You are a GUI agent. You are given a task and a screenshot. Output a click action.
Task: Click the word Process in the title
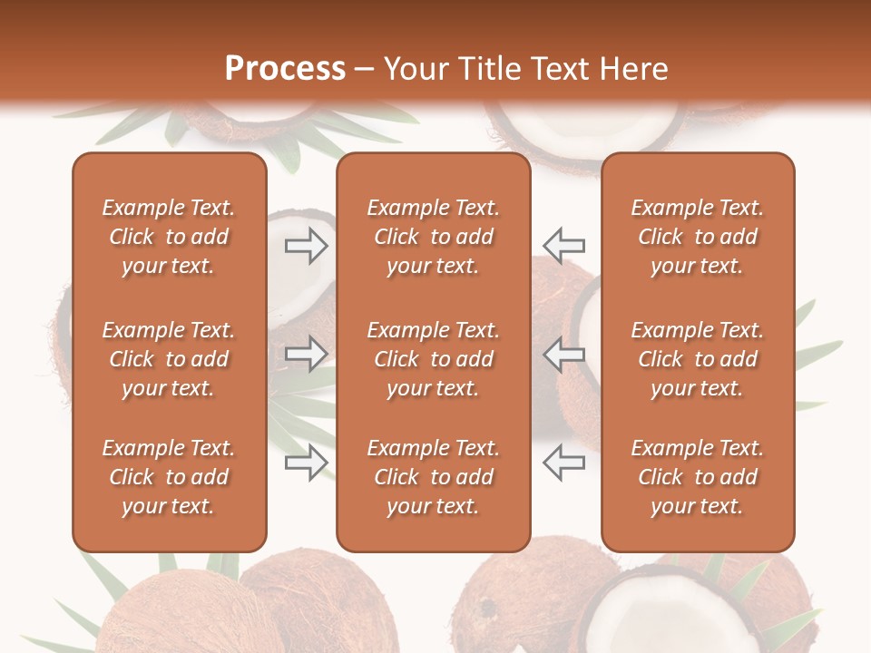[285, 69]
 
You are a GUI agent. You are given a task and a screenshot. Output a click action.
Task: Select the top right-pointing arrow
[306, 246]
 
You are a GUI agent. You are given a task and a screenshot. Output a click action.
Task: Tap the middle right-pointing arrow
[306, 354]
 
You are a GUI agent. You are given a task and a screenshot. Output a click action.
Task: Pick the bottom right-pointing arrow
[306, 463]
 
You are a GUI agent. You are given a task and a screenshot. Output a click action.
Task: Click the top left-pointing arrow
[564, 246]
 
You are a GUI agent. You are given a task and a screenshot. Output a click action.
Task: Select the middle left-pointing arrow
[564, 354]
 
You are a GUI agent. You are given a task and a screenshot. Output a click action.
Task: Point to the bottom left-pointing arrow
[564, 463]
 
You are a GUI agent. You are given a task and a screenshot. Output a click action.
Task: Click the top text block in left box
[169, 237]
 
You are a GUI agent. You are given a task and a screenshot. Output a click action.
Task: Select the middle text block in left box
[169, 359]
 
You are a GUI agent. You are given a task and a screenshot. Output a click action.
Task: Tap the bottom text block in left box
[169, 477]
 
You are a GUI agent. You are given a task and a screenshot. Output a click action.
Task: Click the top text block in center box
[433, 237]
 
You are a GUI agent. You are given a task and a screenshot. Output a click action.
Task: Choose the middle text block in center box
[433, 359]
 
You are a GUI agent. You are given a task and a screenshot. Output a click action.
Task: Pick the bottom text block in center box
[433, 477]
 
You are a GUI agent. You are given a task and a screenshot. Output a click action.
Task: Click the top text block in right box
[697, 237]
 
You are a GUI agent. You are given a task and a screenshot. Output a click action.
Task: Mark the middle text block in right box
[697, 359]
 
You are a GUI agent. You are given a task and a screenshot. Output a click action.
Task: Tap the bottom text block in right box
[697, 477]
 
